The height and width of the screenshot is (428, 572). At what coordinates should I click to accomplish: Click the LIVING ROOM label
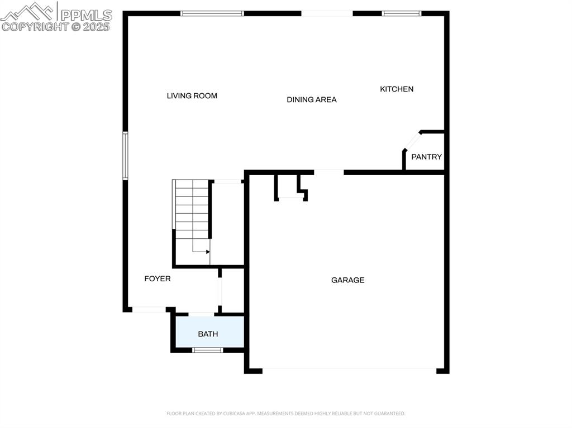point(192,96)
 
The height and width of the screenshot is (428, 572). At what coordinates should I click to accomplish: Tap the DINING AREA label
point(311,100)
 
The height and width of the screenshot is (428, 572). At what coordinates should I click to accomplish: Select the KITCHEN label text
point(397,89)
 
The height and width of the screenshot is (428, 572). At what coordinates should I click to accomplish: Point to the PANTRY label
point(426,157)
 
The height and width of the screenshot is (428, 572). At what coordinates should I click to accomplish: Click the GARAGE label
point(347,280)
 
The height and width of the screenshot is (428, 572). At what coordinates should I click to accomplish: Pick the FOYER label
point(157,278)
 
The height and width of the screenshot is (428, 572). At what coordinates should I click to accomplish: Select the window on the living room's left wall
point(125,156)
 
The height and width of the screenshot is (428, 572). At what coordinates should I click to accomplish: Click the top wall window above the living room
point(212,13)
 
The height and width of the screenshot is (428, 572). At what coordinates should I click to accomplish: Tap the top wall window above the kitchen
point(401,13)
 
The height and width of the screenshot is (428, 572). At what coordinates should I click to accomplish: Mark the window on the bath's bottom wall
point(208,350)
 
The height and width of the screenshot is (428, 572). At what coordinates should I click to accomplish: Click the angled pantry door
point(413,140)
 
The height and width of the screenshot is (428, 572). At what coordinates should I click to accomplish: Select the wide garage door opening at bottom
point(349,369)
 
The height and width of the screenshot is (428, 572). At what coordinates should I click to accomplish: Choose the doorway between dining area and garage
point(328,172)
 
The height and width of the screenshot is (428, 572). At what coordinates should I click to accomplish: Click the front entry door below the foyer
point(149,309)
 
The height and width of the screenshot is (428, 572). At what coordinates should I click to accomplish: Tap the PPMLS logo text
point(86,15)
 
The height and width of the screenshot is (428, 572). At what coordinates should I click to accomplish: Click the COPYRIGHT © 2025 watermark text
point(56,26)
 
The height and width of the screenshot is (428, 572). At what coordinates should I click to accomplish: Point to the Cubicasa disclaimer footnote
point(285,413)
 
